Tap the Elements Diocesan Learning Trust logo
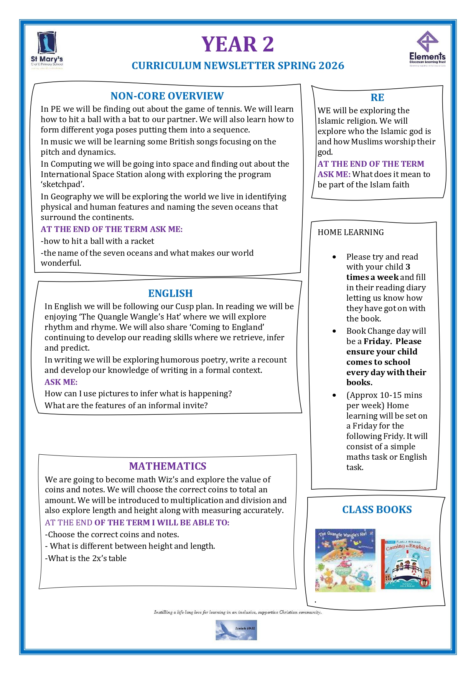click(427, 49)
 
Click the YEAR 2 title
click(237, 44)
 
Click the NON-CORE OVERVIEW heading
click(167, 96)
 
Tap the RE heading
click(377, 98)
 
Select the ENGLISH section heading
click(170, 293)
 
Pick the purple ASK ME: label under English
click(61, 382)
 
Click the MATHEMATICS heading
click(168, 466)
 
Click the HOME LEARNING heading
click(351, 232)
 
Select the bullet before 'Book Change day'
click(334, 331)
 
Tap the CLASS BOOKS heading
click(377, 510)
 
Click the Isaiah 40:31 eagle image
click(236, 630)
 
